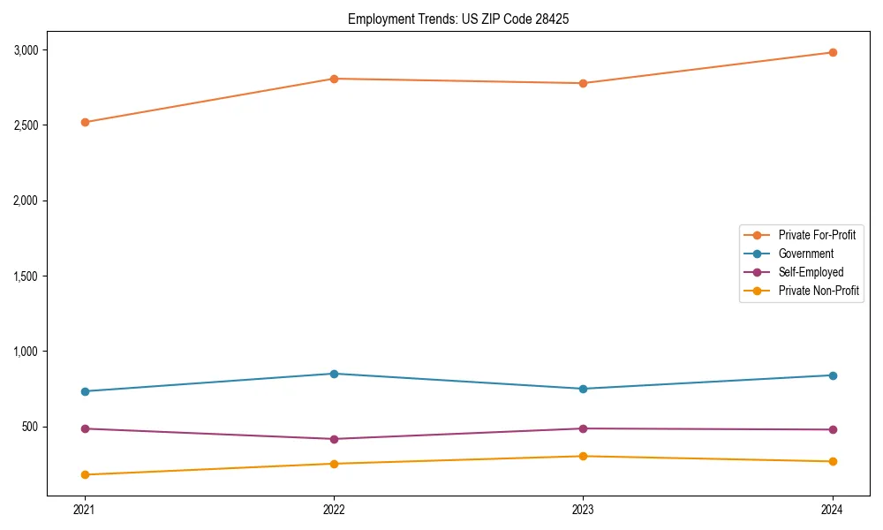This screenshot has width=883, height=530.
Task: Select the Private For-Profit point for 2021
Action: point(85,122)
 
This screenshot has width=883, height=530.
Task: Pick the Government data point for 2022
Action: point(334,374)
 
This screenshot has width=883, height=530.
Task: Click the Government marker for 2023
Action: point(583,389)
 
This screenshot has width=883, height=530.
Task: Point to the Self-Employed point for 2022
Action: point(334,439)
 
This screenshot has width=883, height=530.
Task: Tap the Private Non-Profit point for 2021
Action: point(85,474)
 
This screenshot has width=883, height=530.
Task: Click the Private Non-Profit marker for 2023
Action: point(583,456)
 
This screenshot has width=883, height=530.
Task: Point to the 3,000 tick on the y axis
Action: point(26,49)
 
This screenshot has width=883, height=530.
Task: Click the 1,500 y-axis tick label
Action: point(26,276)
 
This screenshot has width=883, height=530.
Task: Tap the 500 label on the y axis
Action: point(31,427)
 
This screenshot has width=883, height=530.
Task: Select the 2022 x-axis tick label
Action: point(334,510)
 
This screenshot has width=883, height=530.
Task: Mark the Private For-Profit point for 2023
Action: point(583,83)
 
